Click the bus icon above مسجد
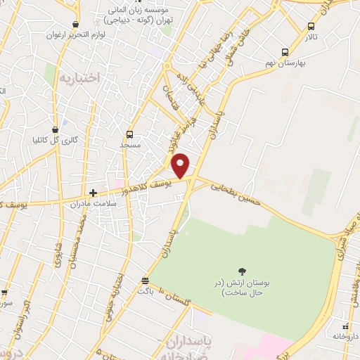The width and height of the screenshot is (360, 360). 129,134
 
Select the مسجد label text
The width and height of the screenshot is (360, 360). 131,145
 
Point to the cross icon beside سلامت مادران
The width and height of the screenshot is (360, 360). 93,192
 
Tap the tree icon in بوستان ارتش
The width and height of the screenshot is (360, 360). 243,271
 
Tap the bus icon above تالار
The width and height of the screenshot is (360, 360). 311,26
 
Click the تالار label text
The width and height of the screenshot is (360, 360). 311,37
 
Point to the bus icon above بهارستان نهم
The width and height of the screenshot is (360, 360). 285,52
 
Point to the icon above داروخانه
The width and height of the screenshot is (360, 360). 345,326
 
